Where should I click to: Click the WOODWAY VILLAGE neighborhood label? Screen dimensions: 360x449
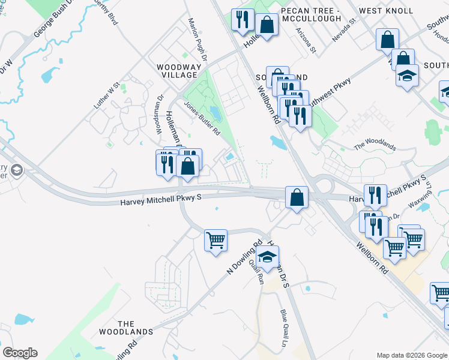tap(176, 71)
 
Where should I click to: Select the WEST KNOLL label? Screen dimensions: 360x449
tap(386, 11)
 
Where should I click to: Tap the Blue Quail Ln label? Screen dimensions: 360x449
tap(283, 328)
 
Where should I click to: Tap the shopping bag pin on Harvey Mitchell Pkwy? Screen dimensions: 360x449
tap(297, 197)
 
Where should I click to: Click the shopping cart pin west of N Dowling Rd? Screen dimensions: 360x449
tap(215, 240)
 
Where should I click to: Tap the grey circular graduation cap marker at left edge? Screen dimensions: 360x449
tap(16, 170)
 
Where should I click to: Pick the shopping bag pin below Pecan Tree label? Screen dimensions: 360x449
tap(267, 25)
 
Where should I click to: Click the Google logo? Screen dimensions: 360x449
tap(20, 353)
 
